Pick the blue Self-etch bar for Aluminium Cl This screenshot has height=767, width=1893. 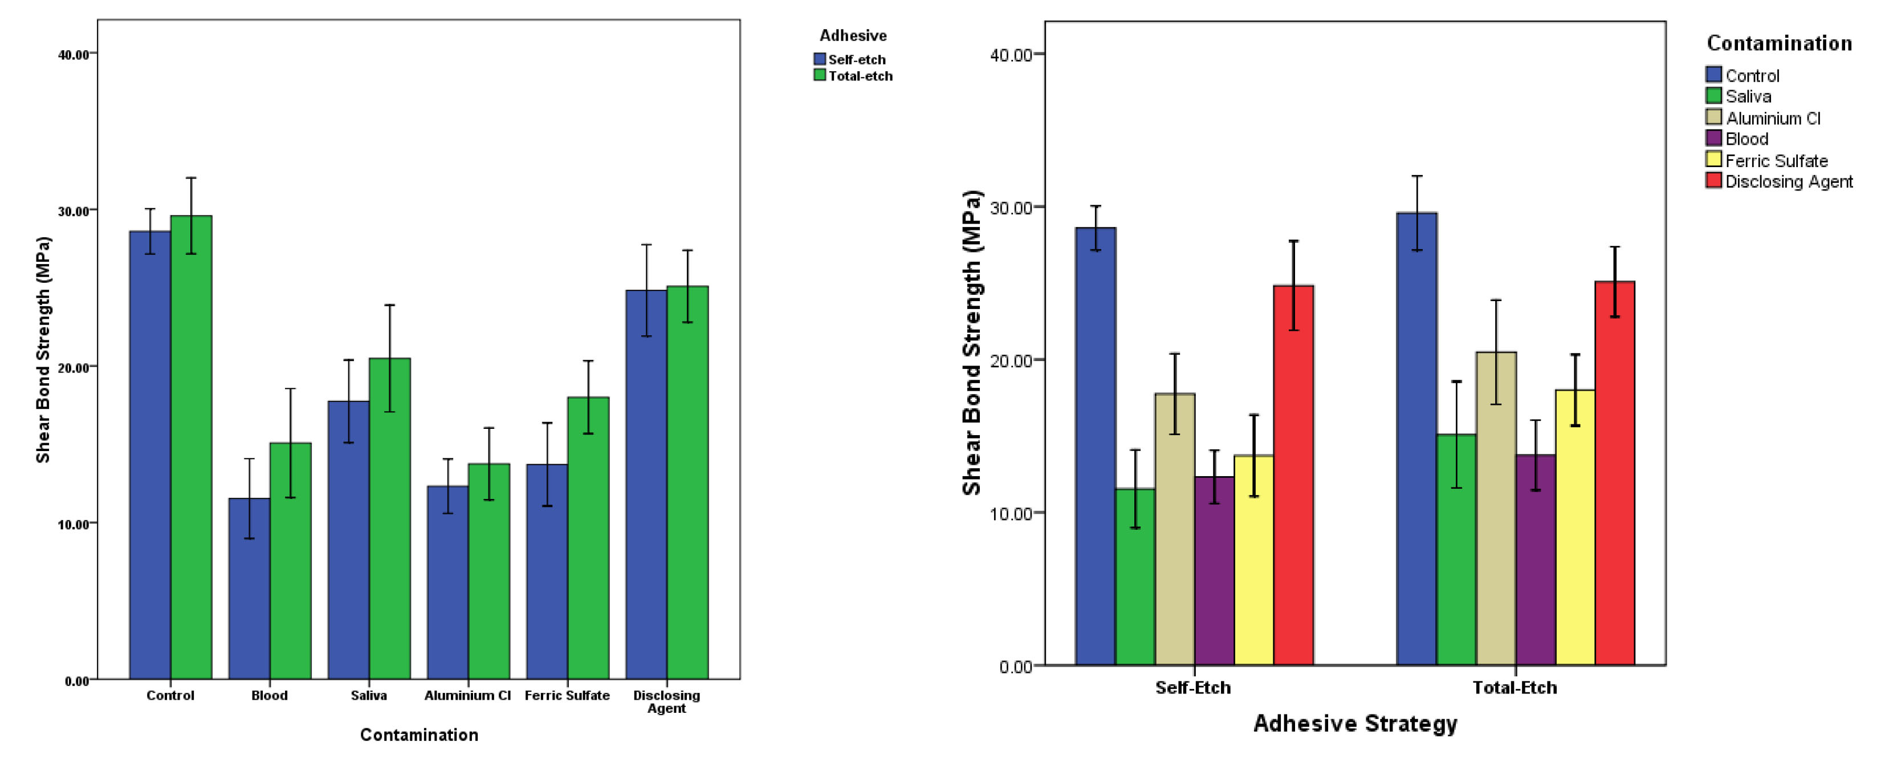[x=447, y=582]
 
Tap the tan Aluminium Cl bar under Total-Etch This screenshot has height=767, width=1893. [x=1496, y=508]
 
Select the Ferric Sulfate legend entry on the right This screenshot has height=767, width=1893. [x=1776, y=160]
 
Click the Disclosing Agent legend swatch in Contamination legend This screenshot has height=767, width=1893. [x=1713, y=181]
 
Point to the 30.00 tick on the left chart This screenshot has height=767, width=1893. [x=74, y=211]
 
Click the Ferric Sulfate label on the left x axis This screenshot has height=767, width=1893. [x=567, y=695]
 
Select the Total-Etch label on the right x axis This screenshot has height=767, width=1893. [x=1515, y=688]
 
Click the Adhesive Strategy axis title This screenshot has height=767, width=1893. [x=1355, y=724]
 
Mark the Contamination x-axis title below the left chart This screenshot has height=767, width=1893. [x=419, y=734]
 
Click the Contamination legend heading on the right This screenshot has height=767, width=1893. [x=1779, y=43]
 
